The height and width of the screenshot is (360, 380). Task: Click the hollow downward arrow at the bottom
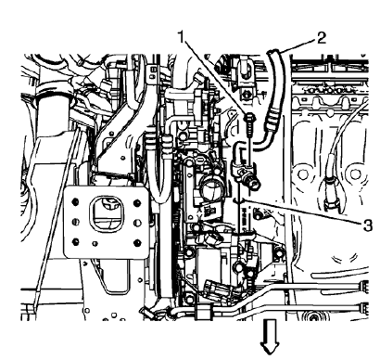(x=272, y=342)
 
